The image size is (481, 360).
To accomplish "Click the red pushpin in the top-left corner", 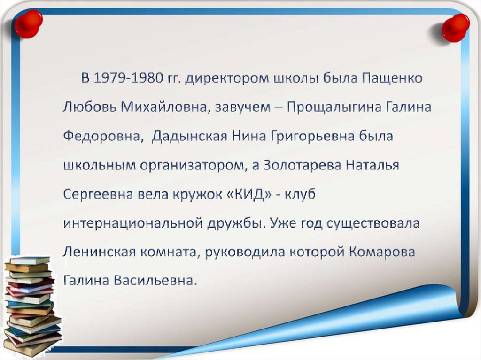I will tap(28, 23).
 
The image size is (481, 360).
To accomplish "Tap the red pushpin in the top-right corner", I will tap(455, 27).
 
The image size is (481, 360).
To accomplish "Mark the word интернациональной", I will tap(133, 223).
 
